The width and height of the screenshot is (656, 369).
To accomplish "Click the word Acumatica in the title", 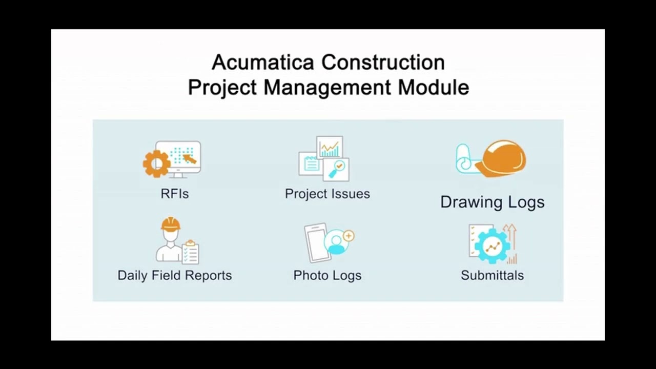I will pos(263,63).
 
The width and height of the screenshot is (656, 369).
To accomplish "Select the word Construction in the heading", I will pos(383,63).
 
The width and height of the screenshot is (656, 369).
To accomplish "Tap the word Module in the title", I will pos(434,87).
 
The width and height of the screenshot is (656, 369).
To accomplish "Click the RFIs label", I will pos(174,194).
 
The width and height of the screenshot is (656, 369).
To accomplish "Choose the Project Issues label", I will pos(327,194).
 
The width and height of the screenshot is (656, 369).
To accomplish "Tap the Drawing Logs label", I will pos(492,202).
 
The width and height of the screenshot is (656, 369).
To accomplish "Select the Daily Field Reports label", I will pos(174,275).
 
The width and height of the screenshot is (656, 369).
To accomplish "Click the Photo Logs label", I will pos(327,275).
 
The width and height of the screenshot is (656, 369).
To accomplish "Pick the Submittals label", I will pos(492,275).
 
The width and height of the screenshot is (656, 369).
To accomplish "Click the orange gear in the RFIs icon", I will pos(156,163).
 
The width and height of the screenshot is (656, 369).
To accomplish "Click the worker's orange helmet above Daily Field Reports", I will pos(171,224).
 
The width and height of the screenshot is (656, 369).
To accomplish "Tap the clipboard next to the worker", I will pos(190,252).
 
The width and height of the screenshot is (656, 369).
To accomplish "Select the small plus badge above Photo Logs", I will pos(348,236).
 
